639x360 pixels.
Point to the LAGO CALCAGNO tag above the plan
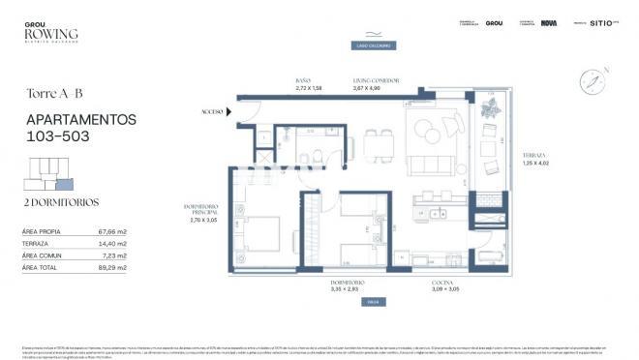(x=371, y=45)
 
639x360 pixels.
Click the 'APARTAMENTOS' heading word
(x=80, y=119)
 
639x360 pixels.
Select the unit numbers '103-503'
(x=58, y=136)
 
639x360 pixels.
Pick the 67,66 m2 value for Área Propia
(x=113, y=232)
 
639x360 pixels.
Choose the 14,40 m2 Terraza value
(x=113, y=244)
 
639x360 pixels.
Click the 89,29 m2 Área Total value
(x=113, y=267)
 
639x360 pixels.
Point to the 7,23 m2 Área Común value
(x=115, y=255)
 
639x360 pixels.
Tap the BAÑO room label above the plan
(x=304, y=81)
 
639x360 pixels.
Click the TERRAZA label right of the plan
(x=535, y=155)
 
